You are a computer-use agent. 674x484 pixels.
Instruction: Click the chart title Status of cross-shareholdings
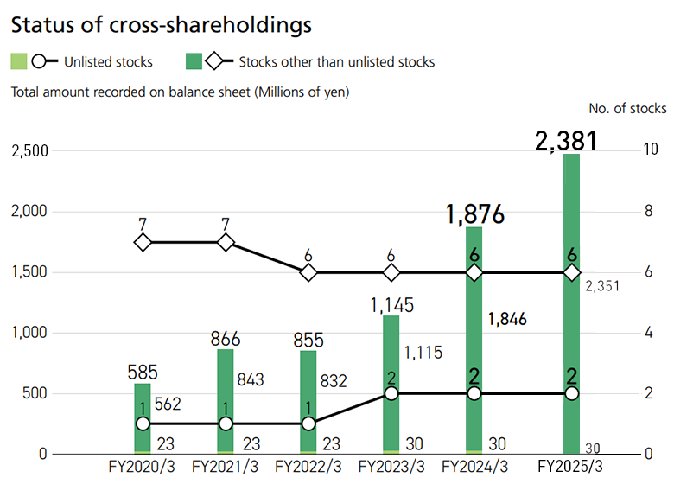coord(160,25)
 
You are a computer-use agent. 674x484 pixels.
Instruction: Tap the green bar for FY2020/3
coord(143,398)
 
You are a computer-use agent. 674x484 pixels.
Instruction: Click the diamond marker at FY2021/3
coord(226,243)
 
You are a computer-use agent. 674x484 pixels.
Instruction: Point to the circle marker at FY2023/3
coord(391,393)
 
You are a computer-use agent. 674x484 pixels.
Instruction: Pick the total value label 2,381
coord(567,140)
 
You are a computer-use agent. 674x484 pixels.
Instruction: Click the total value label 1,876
coord(474,214)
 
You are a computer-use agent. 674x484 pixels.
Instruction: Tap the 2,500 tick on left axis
coord(29,151)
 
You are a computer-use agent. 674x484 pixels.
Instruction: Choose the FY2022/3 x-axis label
coord(308,467)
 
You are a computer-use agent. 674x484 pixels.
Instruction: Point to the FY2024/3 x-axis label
coord(474,467)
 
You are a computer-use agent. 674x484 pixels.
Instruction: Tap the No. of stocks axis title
coord(627,109)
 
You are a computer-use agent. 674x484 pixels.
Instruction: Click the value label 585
coord(143,373)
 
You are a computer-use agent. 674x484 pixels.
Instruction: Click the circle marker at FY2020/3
coord(143,423)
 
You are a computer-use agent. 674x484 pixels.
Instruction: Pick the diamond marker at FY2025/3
coord(571,272)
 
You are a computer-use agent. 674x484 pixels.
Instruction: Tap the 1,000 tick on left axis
coord(29,333)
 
